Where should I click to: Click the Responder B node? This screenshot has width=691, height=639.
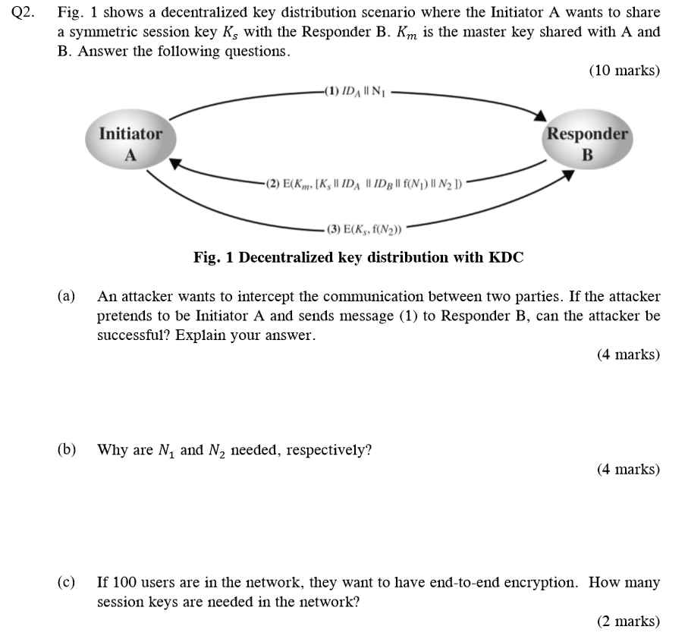tap(587, 144)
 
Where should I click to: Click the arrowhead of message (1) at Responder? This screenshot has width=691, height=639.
tap(539, 115)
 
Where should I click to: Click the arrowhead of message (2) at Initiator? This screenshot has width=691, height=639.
tap(175, 162)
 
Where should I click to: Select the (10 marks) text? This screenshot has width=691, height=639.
tap(624, 71)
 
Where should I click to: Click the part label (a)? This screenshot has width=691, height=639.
tap(67, 297)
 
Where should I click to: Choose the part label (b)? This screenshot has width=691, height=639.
tap(67, 450)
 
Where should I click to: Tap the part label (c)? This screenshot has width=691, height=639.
tap(67, 583)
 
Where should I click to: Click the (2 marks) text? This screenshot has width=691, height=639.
tap(628, 622)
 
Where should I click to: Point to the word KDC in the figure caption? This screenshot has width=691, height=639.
tap(506, 257)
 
